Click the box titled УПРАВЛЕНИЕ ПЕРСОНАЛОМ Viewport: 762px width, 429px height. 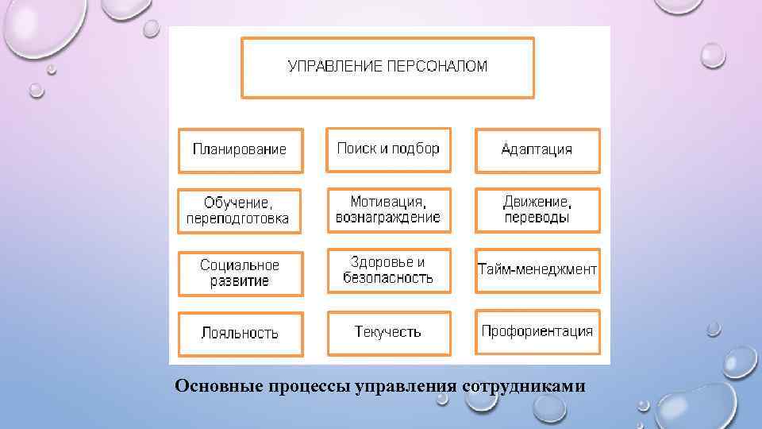click(387, 68)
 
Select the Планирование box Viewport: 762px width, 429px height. click(240, 150)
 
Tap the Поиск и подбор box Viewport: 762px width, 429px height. click(388, 149)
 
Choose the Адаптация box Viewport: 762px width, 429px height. click(537, 150)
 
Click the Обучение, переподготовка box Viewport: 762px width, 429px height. click(240, 211)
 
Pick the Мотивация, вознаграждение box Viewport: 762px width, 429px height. click(388, 210)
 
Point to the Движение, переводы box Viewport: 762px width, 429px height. click(537, 210)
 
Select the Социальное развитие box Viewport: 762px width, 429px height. click(240, 273)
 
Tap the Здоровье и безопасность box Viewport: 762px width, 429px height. click(388, 270)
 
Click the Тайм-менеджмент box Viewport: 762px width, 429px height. click(537, 270)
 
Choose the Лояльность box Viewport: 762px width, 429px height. click(240, 333)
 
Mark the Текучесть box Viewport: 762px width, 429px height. click(388, 332)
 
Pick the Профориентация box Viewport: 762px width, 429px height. click(537, 332)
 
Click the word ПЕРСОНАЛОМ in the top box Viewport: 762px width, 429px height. click(437, 67)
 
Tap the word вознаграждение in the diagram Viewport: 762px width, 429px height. click(388, 218)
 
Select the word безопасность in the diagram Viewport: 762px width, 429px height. click(388, 278)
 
